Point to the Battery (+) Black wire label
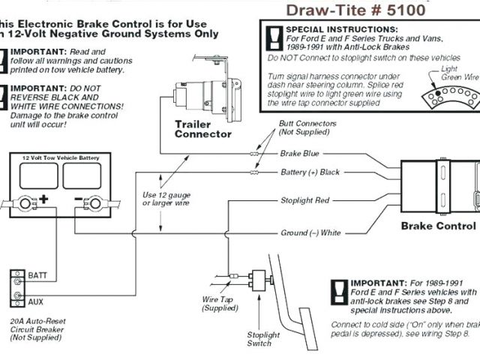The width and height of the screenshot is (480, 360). click(310, 172)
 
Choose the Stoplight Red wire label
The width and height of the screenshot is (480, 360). click(304, 201)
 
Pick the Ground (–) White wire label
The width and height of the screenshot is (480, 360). click(310, 232)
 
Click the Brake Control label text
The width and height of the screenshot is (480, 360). click(438, 226)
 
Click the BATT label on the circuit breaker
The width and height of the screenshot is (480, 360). click(38, 276)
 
